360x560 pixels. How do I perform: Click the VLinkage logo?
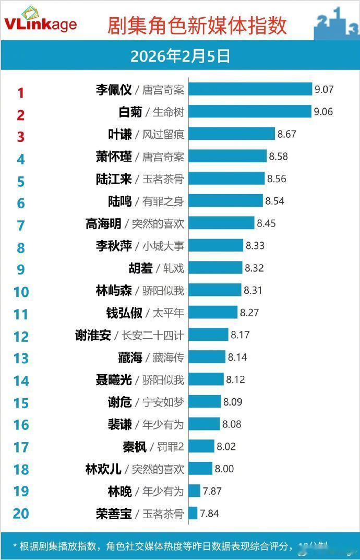pos(40,21)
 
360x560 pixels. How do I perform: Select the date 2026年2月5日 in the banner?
pos(180,56)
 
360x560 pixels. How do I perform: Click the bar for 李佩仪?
pos(250,90)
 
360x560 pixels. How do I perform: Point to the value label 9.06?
pos(323,112)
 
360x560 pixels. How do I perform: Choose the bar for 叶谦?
pos(231,134)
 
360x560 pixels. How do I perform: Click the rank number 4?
pos(21,159)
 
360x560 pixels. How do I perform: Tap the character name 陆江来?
pos(114,178)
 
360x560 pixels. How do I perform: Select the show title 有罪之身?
pos(163,201)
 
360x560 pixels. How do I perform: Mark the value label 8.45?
pos(266,223)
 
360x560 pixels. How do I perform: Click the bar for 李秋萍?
pos(215,245)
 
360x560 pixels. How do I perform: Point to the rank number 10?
pos(21,291)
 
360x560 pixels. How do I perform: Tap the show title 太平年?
pos(168,313)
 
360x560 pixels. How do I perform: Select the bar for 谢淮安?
pos(208,335)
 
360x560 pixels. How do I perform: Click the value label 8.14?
pos(237,357)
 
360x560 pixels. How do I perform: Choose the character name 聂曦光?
pos(114,379)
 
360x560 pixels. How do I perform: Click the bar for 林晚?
pos(194,491)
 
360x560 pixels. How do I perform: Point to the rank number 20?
pos(21,514)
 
